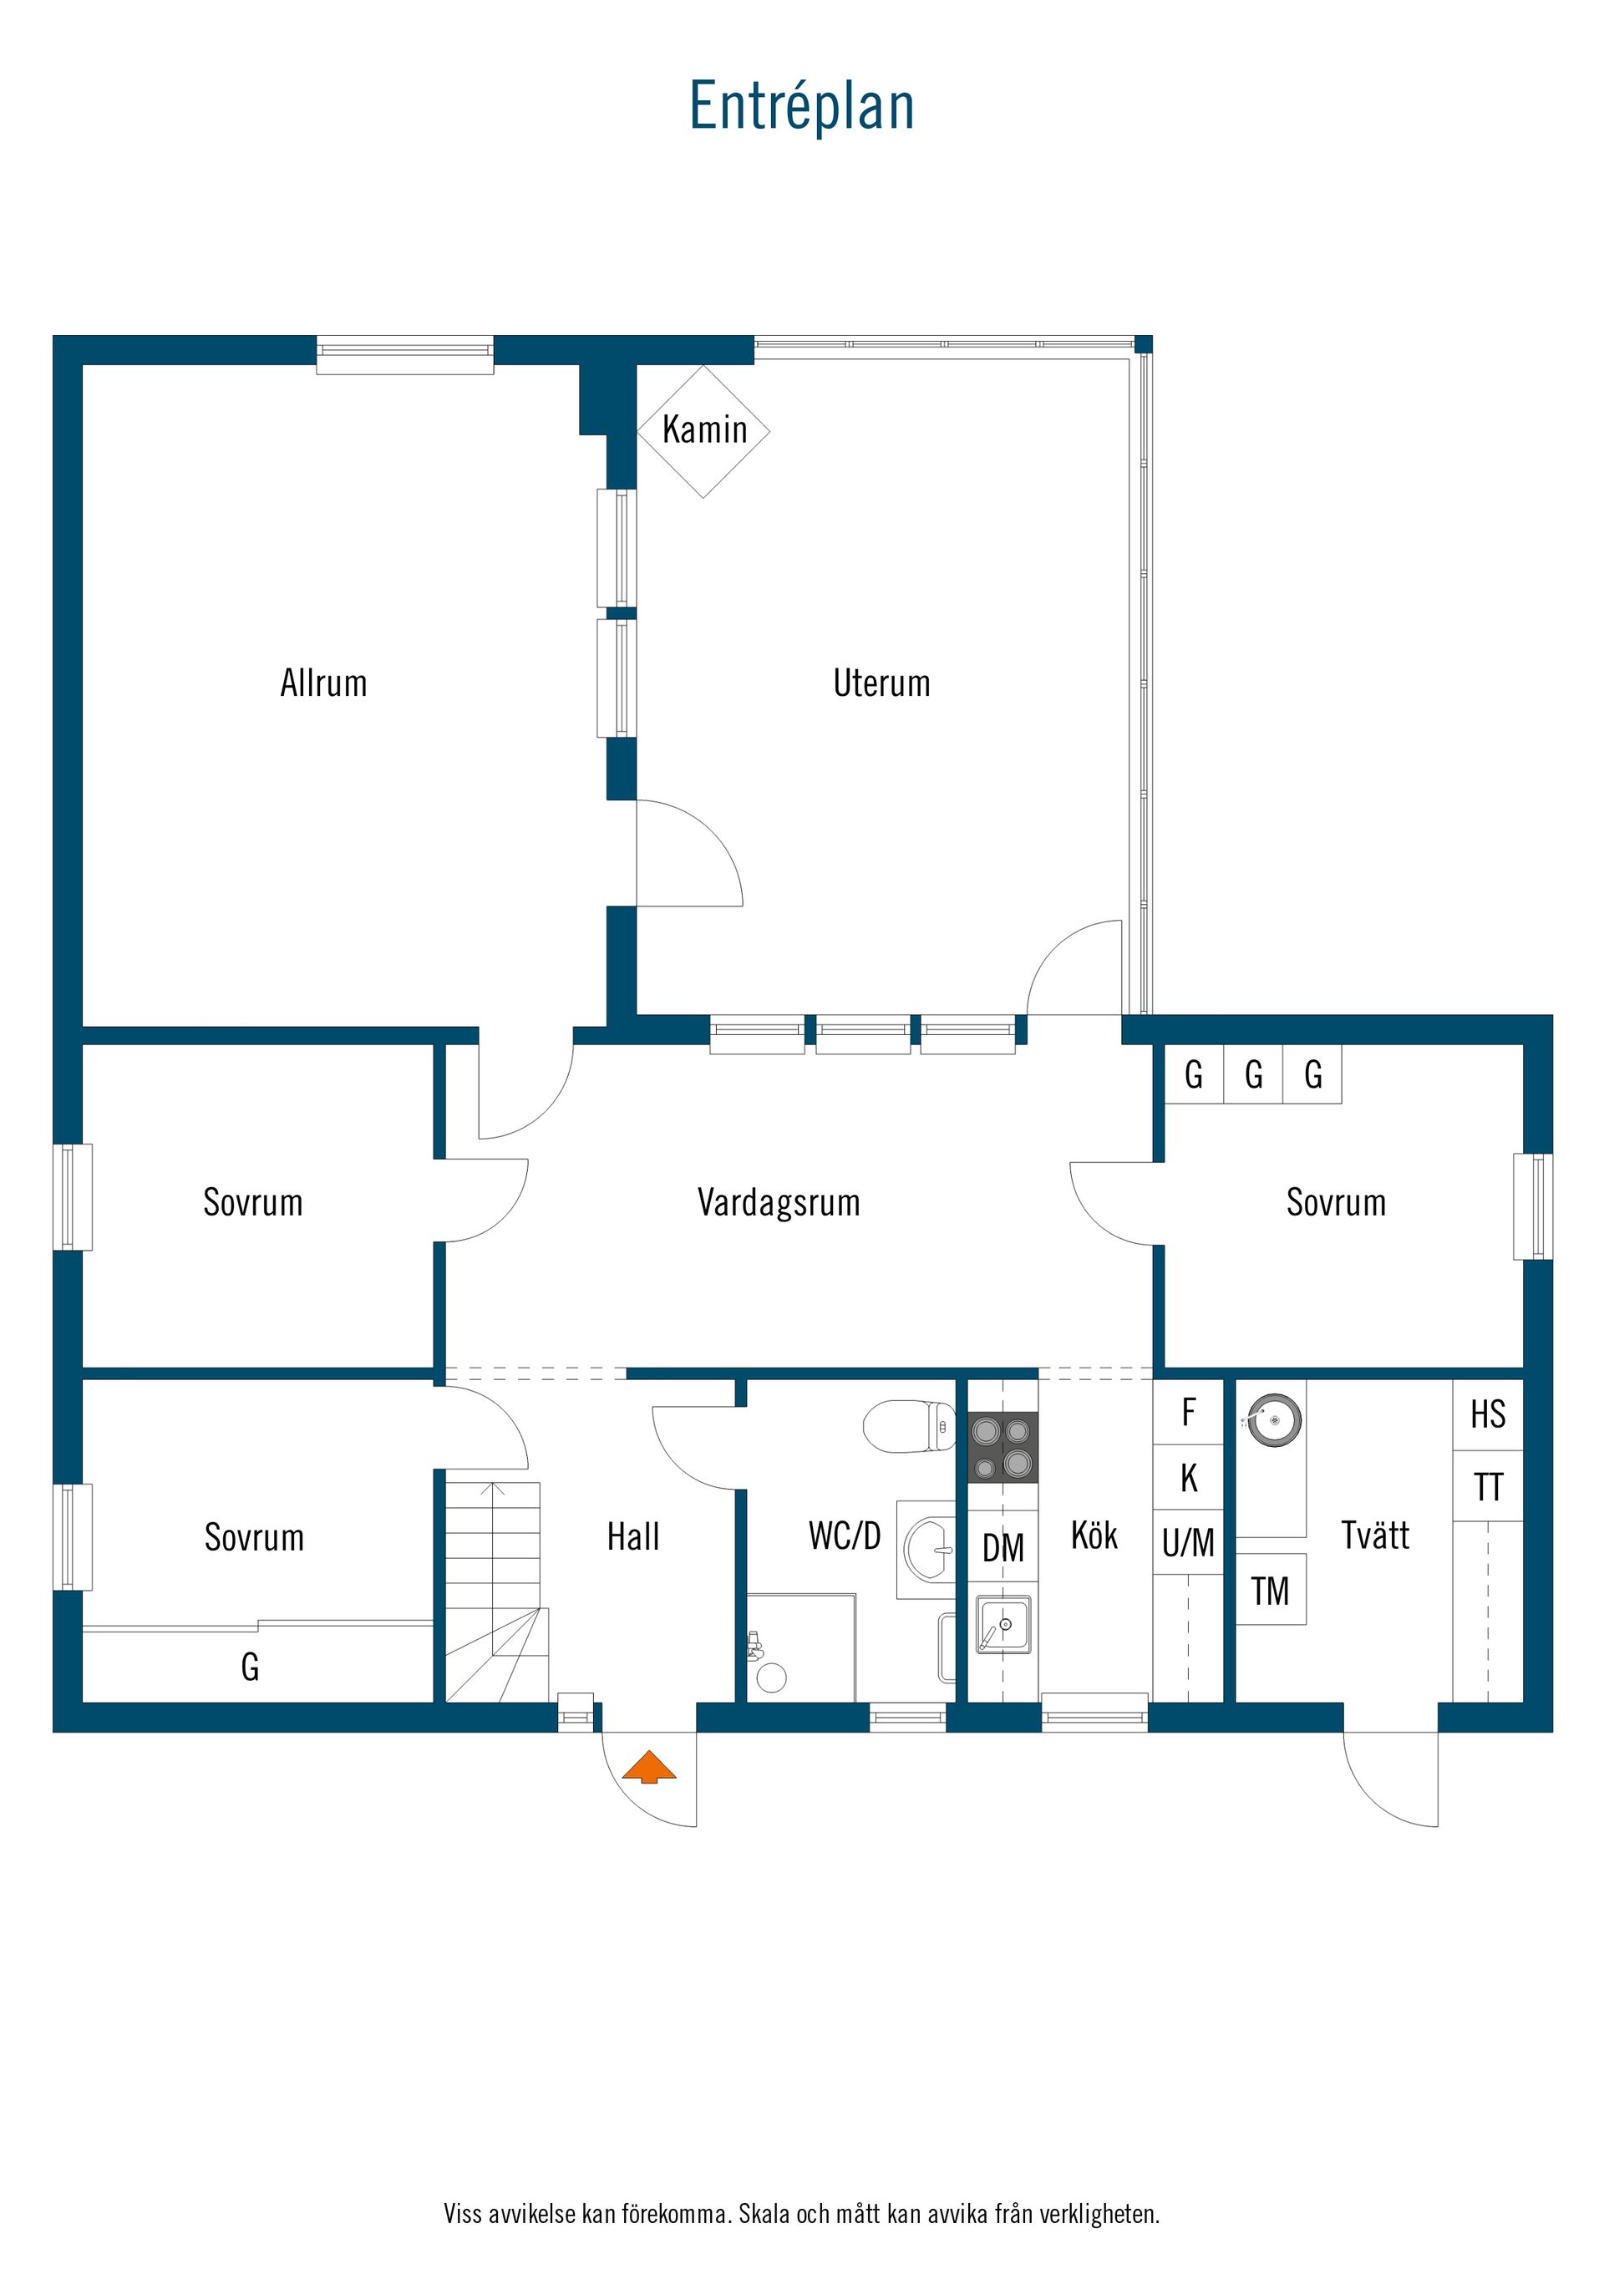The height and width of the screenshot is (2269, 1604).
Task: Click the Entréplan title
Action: (801, 107)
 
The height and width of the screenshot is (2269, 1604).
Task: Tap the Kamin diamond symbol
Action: (703, 431)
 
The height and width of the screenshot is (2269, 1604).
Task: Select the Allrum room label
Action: (323, 683)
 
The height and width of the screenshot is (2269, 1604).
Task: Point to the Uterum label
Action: (881, 683)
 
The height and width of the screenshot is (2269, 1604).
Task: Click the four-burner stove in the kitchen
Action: (1002, 1447)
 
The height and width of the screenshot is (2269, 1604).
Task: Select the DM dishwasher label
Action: (1003, 1547)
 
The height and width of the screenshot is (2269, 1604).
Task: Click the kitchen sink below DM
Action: (1003, 1624)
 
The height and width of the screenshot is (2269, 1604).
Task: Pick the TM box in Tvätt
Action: (1271, 1590)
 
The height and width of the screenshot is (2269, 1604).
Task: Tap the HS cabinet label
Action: (1487, 1414)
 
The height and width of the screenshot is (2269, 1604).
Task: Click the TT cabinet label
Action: (1487, 1487)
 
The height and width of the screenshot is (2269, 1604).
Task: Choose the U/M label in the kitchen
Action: (1188, 1543)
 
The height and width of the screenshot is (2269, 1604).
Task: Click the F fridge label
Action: (1189, 1412)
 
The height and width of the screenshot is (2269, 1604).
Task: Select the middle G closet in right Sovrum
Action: (1253, 1074)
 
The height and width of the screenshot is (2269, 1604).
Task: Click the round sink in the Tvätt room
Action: (1275, 1420)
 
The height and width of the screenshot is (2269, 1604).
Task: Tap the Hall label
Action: (632, 1536)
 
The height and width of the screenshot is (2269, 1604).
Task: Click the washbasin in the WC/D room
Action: (930, 1550)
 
